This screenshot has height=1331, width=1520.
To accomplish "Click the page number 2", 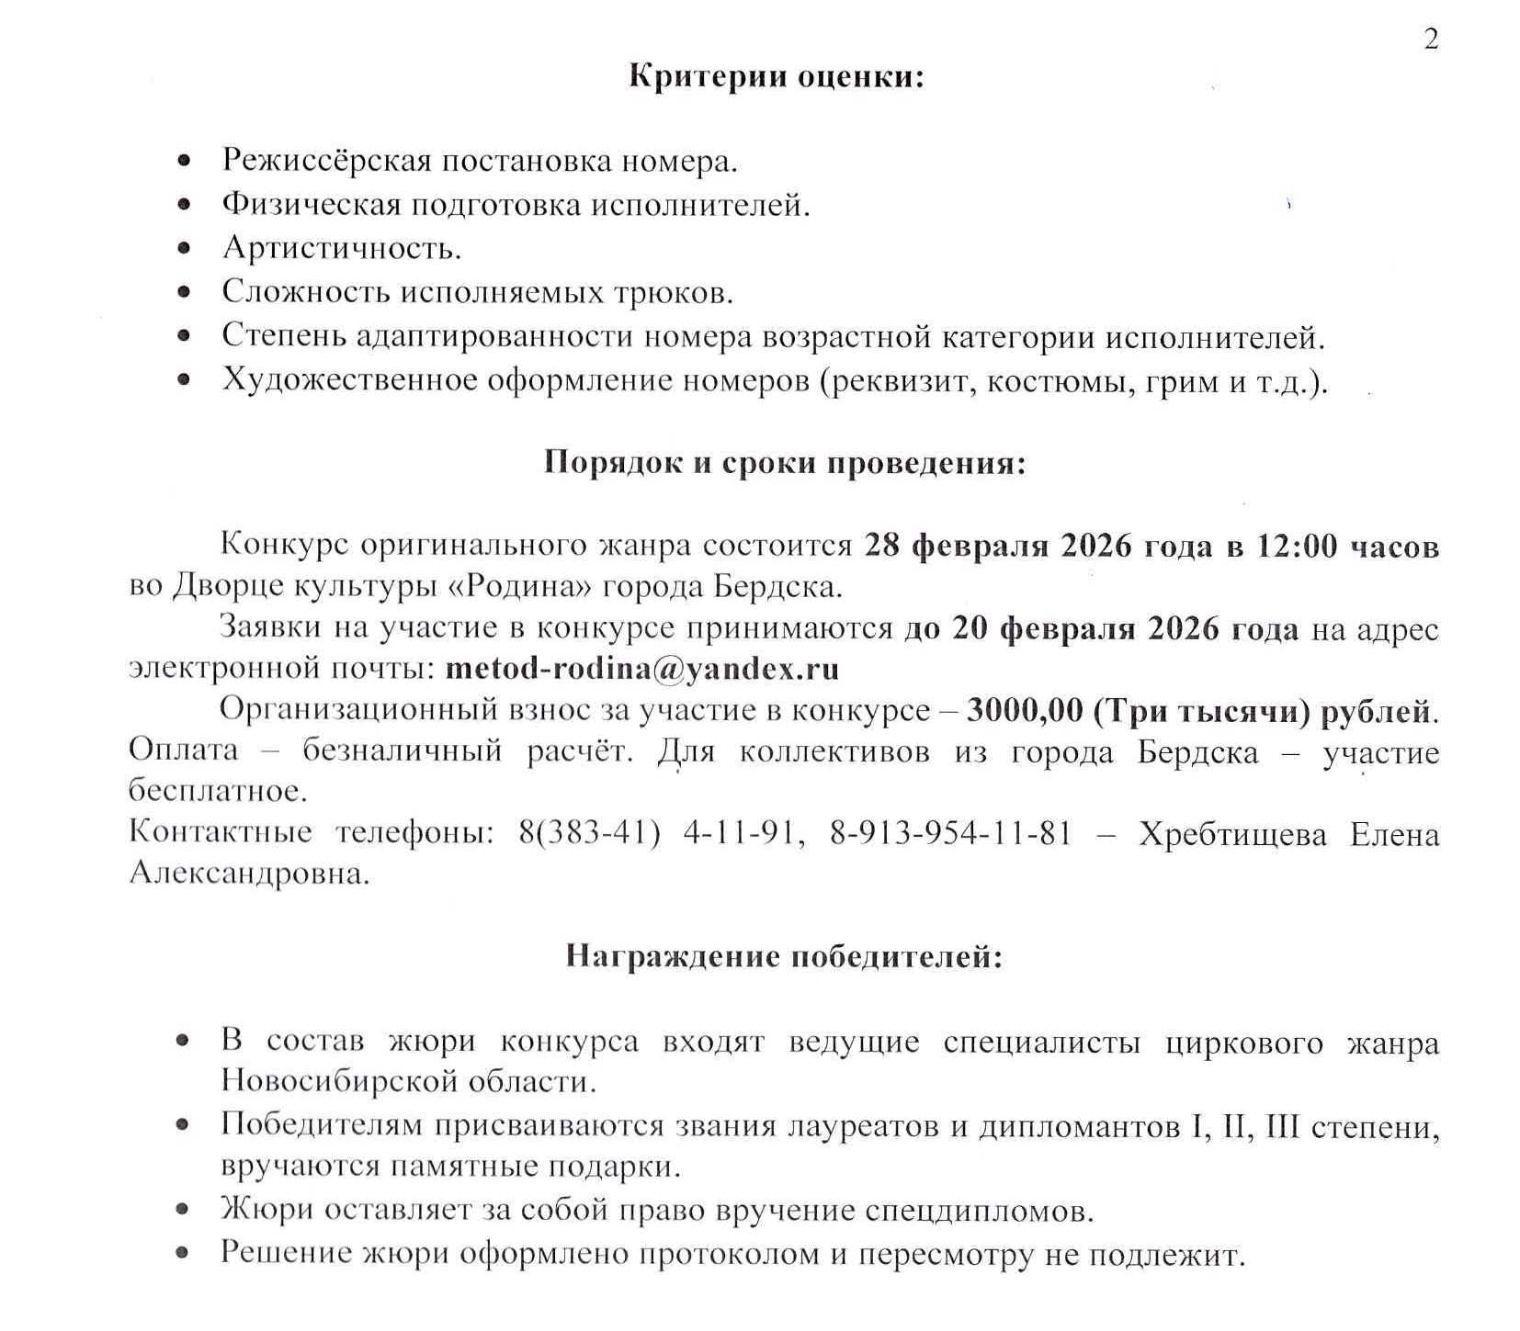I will (x=1430, y=39).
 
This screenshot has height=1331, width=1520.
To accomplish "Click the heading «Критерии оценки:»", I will (x=776, y=75).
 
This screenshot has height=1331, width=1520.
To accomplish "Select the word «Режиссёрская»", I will (x=326, y=161).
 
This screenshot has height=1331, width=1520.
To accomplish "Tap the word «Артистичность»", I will (x=339, y=248).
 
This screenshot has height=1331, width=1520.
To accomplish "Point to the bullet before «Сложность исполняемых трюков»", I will (x=185, y=292).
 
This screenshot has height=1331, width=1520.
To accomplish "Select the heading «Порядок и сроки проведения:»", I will (x=784, y=461).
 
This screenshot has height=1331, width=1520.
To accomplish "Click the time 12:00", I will (x=1297, y=546).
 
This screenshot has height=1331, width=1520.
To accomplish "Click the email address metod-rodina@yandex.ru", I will (x=641, y=668).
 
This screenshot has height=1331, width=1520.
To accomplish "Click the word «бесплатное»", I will (x=217, y=790).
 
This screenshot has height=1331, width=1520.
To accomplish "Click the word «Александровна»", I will (x=247, y=873).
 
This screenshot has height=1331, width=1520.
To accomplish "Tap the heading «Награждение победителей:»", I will (x=783, y=957).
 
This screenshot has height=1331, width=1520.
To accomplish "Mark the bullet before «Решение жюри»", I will (x=184, y=1252).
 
